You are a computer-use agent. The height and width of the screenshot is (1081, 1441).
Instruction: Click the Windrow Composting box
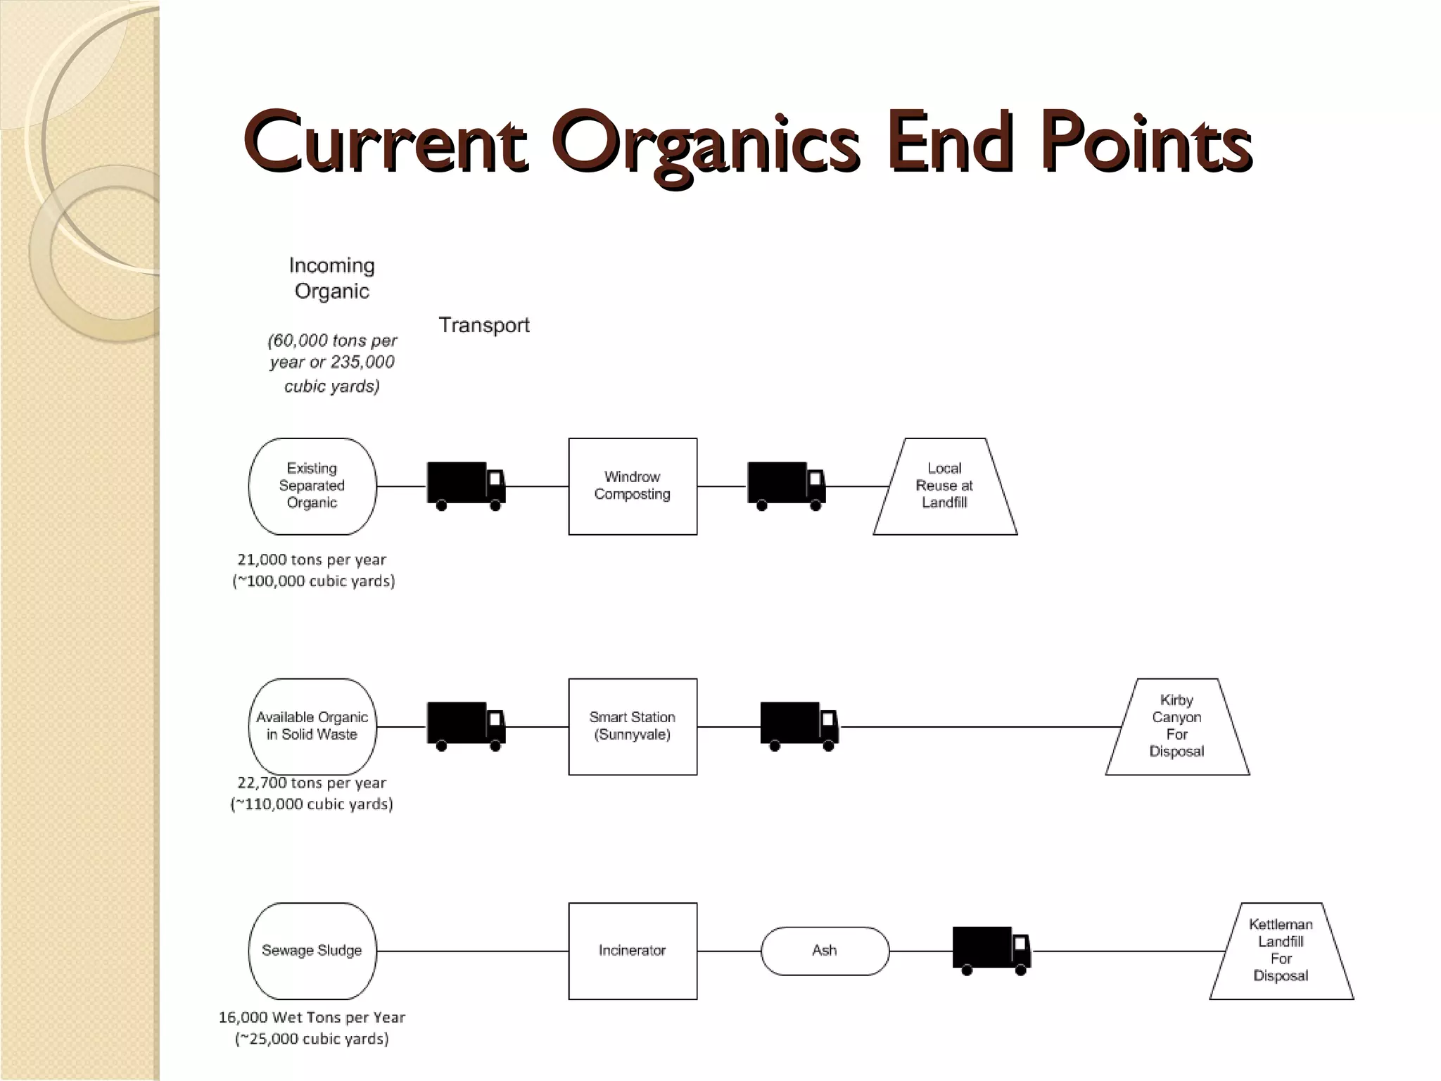pos(633,486)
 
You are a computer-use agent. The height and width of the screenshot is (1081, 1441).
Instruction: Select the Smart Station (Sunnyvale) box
pos(633,726)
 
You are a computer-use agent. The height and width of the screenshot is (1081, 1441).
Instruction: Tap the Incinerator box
pos(633,951)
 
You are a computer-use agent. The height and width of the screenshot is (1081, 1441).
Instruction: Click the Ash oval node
pos(825,951)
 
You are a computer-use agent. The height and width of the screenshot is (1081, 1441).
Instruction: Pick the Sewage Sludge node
pos(312,951)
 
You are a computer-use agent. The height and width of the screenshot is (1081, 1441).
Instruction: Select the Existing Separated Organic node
pos(312,486)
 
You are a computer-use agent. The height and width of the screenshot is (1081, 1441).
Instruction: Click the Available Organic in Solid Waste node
pos(312,726)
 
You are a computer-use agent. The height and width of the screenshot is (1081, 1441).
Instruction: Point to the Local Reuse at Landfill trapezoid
pos(945,486)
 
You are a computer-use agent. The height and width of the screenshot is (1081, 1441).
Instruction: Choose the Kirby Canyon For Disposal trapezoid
pos(1177,726)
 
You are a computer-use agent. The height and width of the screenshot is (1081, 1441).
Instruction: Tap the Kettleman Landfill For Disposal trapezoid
pos(1281,951)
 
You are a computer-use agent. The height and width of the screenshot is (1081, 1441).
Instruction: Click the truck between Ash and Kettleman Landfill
pos(991,950)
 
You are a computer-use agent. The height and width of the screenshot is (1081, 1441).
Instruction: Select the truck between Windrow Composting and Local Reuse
pos(786,485)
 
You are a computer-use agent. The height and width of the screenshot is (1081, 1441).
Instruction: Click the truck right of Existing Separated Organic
pos(466,485)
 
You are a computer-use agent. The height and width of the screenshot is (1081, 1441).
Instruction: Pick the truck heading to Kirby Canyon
pos(799,726)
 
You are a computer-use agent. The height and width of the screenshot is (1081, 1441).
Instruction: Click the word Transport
pos(484,325)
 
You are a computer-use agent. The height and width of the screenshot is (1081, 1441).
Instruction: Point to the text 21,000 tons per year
pos(312,560)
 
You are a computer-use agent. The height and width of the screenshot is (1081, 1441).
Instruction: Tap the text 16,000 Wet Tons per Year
pos(312,1017)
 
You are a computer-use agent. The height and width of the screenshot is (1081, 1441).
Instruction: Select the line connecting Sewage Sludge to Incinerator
pos(472,951)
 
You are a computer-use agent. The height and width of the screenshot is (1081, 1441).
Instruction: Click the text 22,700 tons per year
pos(312,783)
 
